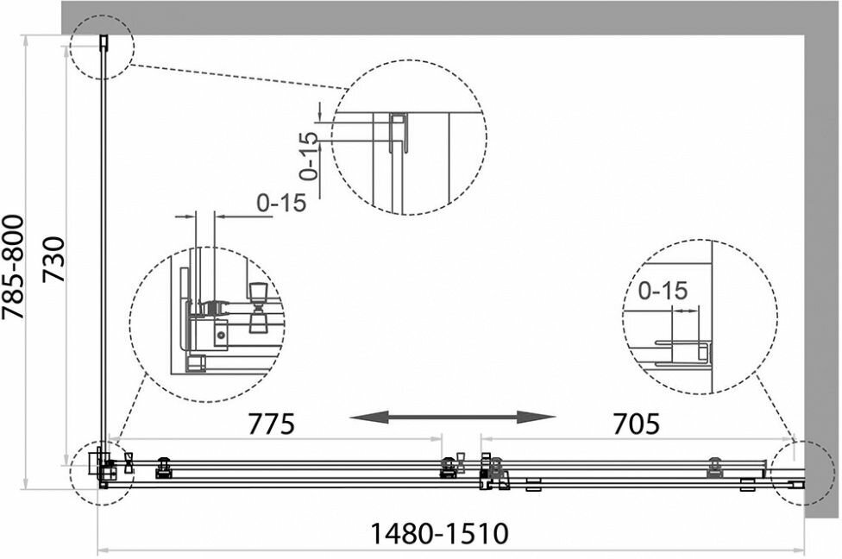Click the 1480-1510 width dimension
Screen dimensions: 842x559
click(x=439, y=534)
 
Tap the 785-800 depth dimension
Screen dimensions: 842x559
click(x=13, y=267)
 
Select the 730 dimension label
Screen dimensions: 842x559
click(x=53, y=260)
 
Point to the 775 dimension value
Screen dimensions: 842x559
click(x=271, y=424)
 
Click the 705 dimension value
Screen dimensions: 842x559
click(x=637, y=424)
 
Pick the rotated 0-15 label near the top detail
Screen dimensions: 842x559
click(x=308, y=155)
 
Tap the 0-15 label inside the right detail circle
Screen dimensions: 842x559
click(x=663, y=291)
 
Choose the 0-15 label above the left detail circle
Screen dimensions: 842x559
click(x=281, y=203)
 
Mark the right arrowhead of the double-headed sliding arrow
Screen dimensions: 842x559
click(x=537, y=417)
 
